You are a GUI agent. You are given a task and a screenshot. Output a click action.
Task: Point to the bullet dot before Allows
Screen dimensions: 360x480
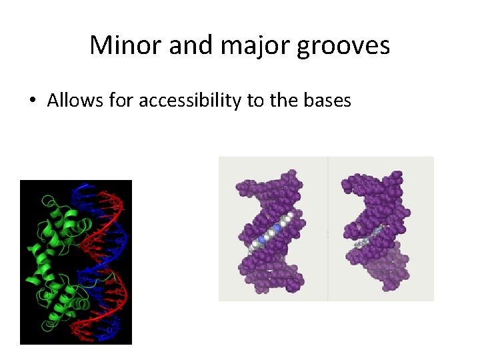[x=33, y=101]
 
